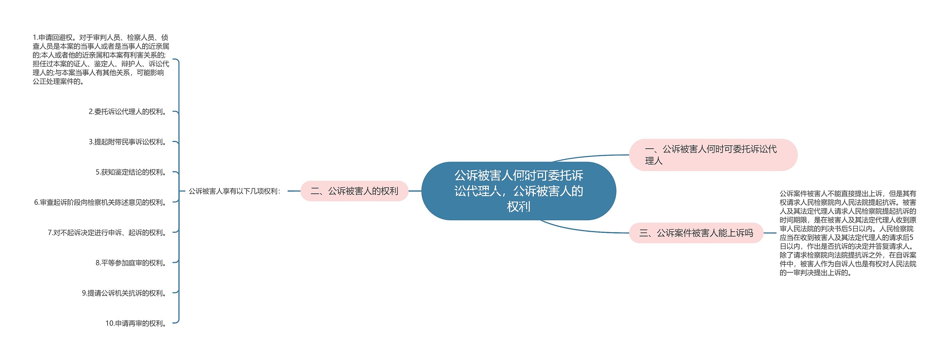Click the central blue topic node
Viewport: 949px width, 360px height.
(518, 191)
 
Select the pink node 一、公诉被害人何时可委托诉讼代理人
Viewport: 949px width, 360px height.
(713, 155)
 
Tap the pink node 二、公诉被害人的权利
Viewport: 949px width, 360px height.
(354, 191)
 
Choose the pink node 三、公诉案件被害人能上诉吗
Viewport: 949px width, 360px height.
(696, 233)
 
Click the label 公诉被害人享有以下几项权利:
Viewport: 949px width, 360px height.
(235, 191)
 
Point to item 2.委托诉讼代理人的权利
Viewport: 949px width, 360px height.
(128, 112)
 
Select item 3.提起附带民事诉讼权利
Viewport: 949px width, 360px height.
(128, 142)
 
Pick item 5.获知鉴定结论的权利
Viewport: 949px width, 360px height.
(132, 172)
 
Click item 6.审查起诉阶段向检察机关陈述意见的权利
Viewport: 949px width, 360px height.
(101, 202)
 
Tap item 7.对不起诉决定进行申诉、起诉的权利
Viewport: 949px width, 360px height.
(108, 233)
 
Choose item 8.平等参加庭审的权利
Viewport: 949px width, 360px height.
(132, 263)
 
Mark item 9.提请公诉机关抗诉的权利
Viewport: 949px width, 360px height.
(125, 293)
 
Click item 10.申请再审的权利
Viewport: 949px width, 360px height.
(136, 323)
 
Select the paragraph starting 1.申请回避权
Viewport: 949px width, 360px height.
(100, 59)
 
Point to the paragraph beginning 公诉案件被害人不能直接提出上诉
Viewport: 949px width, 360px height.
(847, 233)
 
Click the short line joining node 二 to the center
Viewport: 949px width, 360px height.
(415, 191)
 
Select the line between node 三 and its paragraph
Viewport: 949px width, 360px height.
(770, 233)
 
